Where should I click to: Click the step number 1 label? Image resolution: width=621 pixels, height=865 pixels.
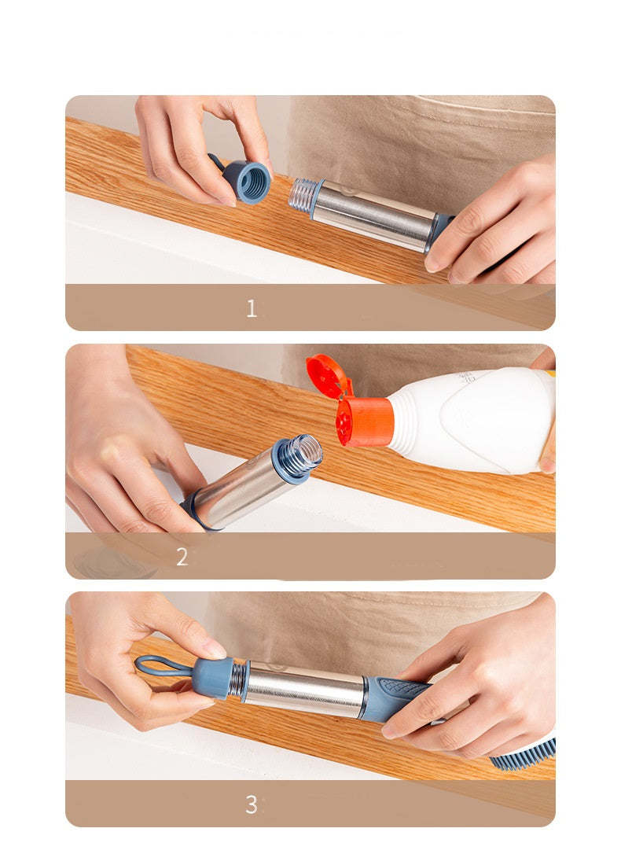coord(251,308)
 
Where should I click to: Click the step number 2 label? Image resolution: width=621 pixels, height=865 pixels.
coord(182,557)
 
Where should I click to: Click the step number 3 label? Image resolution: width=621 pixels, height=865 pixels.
coord(251,804)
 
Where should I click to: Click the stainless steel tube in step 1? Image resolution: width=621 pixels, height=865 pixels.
coord(373,213)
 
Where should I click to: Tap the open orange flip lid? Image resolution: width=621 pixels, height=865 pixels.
coord(327,376)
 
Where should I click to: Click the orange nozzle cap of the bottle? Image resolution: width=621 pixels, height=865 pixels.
coord(366,422)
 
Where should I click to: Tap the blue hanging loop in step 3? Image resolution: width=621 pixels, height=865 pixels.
coord(162,666)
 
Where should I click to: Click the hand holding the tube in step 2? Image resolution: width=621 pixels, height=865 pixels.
coord(126,456)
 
